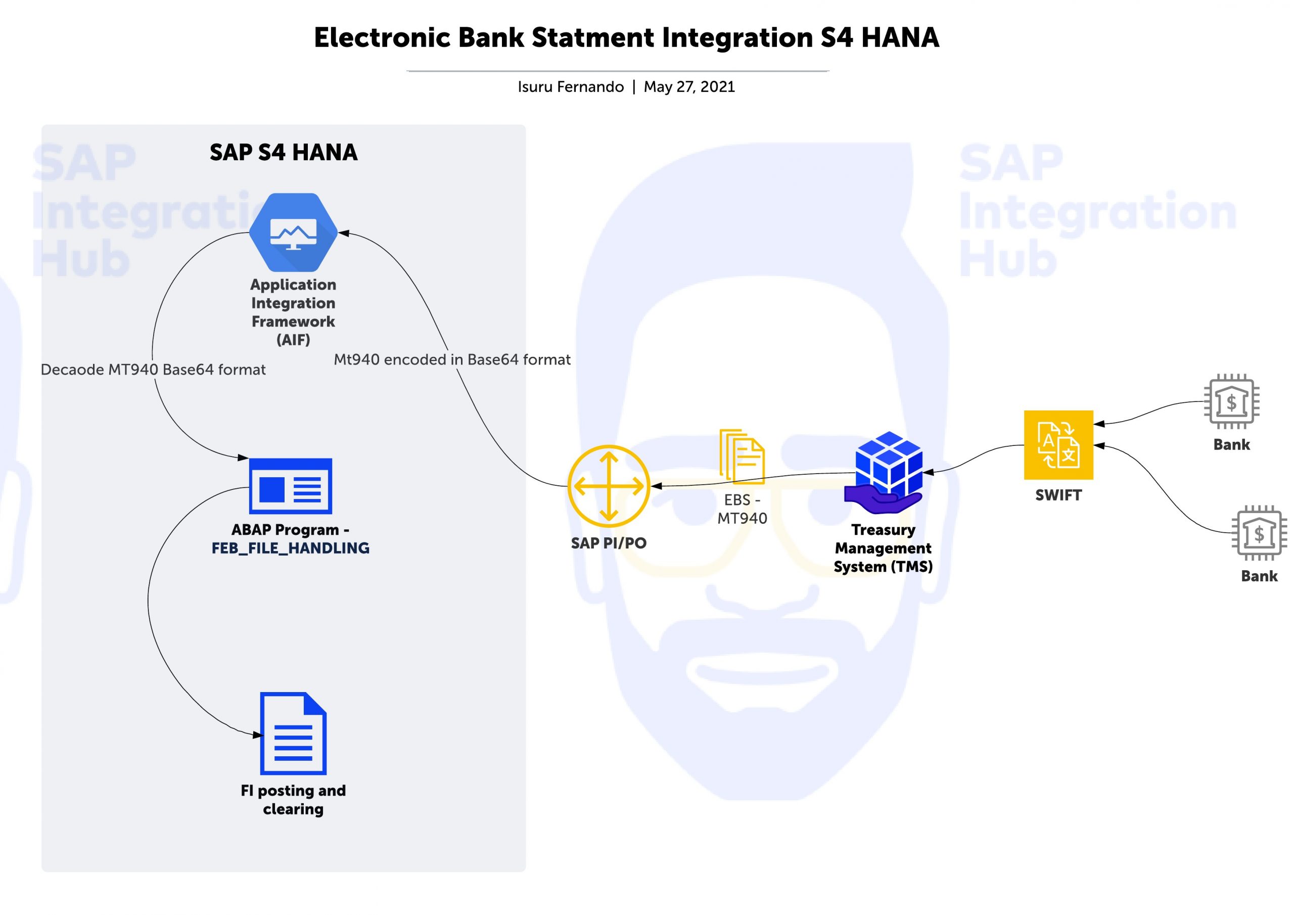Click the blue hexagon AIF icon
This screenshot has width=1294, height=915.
[293, 232]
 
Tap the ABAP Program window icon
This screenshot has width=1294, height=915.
[290, 486]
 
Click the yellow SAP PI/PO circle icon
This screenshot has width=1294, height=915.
[609, 486]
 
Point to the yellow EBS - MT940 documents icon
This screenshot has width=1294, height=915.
[742, 456]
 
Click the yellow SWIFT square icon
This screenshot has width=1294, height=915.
[1058, 445]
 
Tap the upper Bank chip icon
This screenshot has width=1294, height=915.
[1231, 401]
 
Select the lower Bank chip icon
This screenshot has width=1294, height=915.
[1259, 533]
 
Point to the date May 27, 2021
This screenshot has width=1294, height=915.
[689, 87]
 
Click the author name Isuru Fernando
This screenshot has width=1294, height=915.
[571, 87]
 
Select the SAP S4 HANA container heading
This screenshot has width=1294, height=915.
[284, 152]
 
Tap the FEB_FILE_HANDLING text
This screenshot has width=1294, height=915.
[290, 548]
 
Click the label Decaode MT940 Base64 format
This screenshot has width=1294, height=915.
[153, 370]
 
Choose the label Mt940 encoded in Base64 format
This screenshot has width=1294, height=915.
[452, 360]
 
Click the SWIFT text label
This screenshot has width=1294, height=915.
[1058, 495]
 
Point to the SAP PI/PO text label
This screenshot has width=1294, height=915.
[609, 543]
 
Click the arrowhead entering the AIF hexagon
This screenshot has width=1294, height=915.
[344, 233]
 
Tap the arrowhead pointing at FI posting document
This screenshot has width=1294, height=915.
[258, 735]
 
